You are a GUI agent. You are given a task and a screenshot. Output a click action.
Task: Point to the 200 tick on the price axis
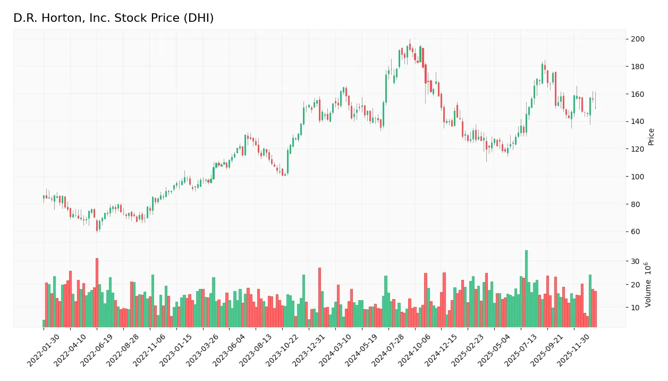(638, 39)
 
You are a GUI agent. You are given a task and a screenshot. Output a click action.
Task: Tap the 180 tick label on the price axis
(638, 67)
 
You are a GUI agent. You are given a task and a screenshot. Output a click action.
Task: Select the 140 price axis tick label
(638, 122)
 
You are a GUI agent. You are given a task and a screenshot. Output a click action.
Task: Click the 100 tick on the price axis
(638, 177)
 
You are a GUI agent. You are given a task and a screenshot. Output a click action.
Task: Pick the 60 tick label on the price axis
(636, 232)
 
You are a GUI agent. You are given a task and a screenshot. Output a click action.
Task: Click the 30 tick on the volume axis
(636, 261)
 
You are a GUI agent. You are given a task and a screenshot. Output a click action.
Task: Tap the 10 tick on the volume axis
(636, 308)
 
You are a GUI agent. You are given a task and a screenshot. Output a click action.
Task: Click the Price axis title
(652, 137)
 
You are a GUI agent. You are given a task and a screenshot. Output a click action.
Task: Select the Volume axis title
(649, 285)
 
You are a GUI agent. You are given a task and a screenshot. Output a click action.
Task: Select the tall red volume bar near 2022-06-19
(97, 293)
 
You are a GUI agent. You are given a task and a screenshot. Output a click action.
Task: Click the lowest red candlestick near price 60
(97, 226)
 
